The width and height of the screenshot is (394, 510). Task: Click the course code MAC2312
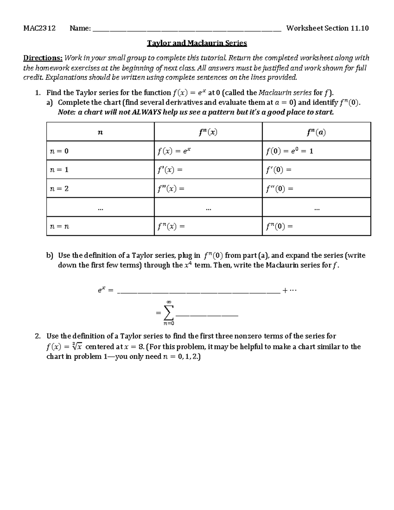coord(39,28)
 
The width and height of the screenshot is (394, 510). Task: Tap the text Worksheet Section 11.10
coord(327,28)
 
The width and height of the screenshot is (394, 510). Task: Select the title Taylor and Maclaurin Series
coord(197,43)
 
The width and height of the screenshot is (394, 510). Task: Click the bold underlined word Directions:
coord(43,58)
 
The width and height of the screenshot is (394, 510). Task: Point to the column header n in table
coord(100,132)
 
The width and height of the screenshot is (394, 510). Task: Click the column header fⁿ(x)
coord(208,132)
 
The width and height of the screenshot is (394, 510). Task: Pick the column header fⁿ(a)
coord(316,132)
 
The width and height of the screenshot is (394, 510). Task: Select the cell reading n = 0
coord(59,151)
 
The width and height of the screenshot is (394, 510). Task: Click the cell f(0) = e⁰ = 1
coord(289,151)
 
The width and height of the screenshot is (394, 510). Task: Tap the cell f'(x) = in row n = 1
coord(169,170)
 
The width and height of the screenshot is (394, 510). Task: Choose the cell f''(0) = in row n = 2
coord(279,189)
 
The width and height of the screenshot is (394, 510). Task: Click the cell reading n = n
coord(59,226)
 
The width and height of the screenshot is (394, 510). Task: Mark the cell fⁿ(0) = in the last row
coord(279,226)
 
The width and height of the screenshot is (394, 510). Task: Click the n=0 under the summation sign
coord(168,323)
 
